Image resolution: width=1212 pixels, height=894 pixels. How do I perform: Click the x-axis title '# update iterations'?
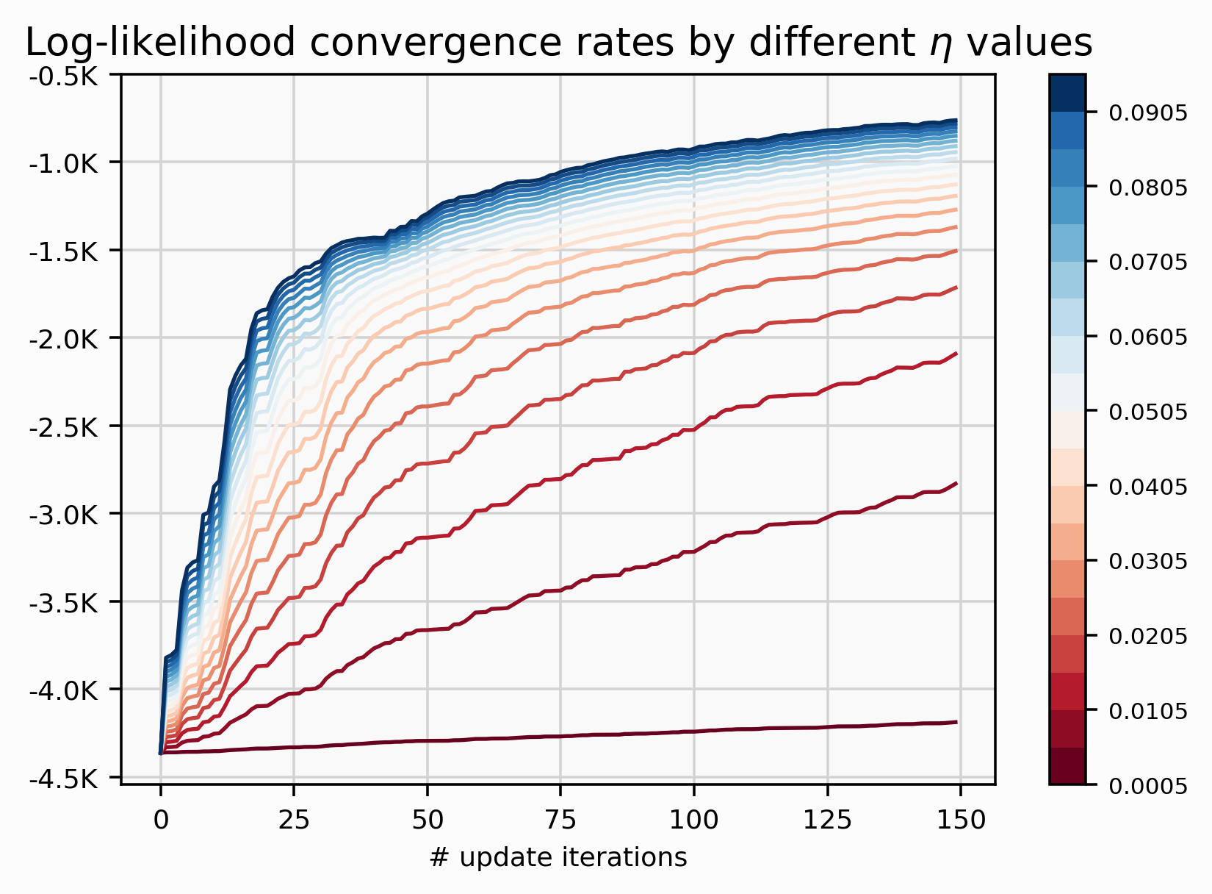click(x=558, y=857)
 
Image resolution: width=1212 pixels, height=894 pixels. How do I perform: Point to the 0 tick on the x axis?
click(x=160, y=820)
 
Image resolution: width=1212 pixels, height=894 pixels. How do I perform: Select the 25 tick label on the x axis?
click(x=294, y=820)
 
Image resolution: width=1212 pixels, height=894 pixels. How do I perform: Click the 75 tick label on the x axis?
click(x=560, y=820)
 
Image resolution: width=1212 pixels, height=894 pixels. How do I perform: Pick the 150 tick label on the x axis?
click(x=961, y=820)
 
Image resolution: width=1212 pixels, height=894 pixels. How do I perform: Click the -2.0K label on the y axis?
click(x=63, y=339)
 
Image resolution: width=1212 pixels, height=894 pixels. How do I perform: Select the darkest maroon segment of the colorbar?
click(x=1067, y=766)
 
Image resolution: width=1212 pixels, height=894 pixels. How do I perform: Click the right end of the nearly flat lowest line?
click(x=956, y=722)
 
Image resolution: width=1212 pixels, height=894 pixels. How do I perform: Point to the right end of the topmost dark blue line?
click(x=956, y=120)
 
